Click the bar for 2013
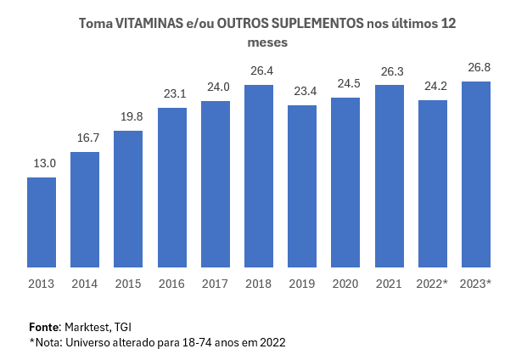(x=42, y=222)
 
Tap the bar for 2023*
(x=476, y=175)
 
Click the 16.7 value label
(x=85, y=138)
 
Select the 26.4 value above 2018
(x=259, y=70)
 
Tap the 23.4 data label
(x=302, y=90)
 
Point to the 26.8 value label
(x=476, y=66)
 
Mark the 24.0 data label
(x=216, y=86)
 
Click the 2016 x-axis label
(x=171, y=284)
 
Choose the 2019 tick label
(x=302, y=284)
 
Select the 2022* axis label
(x=433, y=284)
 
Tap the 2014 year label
(x=85, y=284)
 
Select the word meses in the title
(x=267, y=41)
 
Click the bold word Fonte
(x=44, y=326)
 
